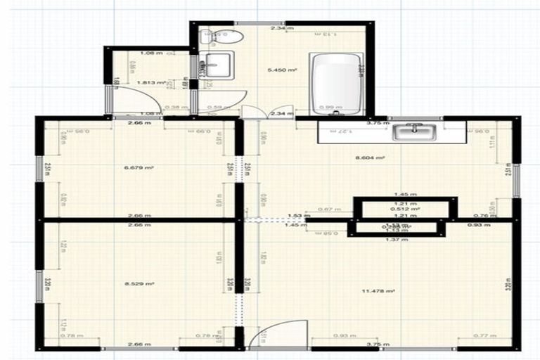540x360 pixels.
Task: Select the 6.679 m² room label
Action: pos(139,168)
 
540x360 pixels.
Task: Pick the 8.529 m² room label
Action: pos(139,283)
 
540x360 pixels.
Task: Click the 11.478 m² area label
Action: pos(379,290)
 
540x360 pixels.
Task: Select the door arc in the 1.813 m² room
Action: pos(134,99)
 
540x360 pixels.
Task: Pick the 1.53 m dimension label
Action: pos(294,216)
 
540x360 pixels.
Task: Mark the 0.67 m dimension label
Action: pos(325,209)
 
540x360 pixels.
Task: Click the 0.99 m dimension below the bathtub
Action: pos(326,108)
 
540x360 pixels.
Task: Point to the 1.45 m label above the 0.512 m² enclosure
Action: pos(405,194)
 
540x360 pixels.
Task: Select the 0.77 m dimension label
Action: pos(482,335)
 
